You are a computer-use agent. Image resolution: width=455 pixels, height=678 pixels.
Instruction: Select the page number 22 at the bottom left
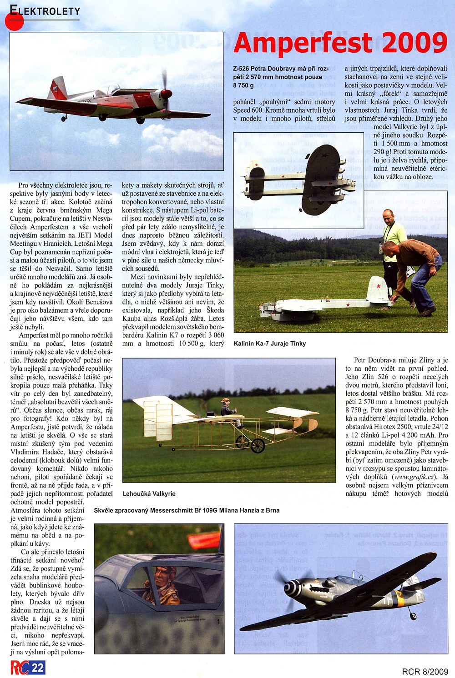tap(38, 668)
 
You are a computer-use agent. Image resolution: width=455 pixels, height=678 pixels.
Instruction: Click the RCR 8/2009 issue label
tap(425, 671)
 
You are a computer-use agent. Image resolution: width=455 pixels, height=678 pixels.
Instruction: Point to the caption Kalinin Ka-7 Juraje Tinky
tap(270, 344)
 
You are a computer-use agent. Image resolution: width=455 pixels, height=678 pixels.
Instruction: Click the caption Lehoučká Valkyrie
tap(149, 494)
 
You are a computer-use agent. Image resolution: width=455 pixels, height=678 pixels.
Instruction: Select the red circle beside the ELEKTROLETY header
tap(14, 20)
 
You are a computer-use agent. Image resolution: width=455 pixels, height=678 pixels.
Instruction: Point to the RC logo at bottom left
tap(20, 668)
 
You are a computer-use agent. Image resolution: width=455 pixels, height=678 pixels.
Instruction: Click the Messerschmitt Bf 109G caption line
tap(187, 510)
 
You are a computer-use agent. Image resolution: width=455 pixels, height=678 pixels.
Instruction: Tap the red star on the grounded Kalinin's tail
tap(379, 286)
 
